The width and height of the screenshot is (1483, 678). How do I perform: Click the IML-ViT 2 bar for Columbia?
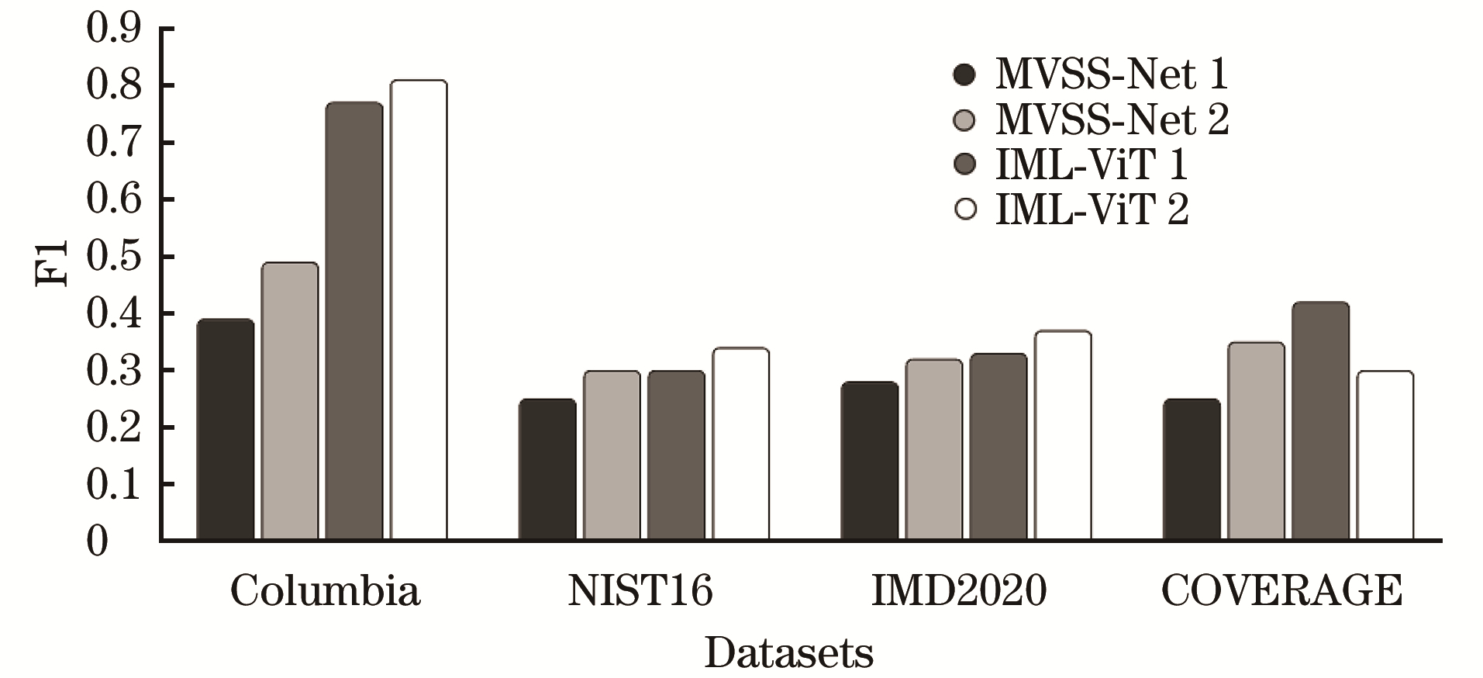click(419, 310)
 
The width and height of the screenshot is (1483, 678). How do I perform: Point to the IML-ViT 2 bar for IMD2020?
click(1063, 435)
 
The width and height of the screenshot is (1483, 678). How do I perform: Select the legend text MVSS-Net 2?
click(1112, 119)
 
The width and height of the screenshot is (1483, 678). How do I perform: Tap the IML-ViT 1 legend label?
click(1092, 164)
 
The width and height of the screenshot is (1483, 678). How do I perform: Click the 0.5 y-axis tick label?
click(114, 257)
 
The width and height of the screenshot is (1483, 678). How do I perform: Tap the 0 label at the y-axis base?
click(98, 541)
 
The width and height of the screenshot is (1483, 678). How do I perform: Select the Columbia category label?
click(325, 591)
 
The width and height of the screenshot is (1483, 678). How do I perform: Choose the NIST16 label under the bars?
click(640, 591)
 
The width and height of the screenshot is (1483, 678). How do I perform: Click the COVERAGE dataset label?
click(1281, 591)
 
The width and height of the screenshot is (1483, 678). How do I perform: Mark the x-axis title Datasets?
click(788, 653)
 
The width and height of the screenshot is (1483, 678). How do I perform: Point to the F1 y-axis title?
click(53, 264)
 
